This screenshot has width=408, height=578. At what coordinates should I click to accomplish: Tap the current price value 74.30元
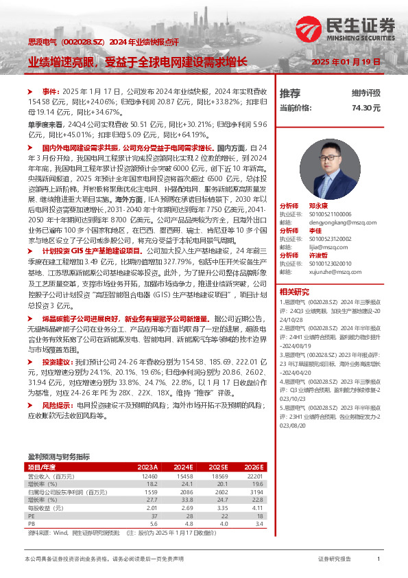[366, 108]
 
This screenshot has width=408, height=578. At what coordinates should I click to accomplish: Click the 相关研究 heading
[293, 292]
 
